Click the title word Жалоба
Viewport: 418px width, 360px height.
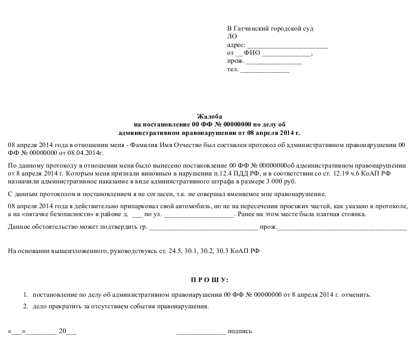(x=209, y=116)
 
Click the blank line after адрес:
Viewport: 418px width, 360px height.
(x=287, y=45)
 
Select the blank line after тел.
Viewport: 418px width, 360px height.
(x=265, y=70)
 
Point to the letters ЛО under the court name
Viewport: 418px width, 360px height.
(x=231, y=37)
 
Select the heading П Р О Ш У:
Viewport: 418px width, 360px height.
(x=209, y=278)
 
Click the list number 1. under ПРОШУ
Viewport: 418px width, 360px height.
(x=25, y=294)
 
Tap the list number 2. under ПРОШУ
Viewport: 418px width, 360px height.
(x=25, y=306)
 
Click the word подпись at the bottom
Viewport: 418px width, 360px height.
(x=240, y=332)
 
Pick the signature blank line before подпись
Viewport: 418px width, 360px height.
(x=201, y=332)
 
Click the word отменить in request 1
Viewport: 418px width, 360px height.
(x=356, y=294)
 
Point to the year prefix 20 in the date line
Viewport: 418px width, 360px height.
(x=63, y=332)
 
